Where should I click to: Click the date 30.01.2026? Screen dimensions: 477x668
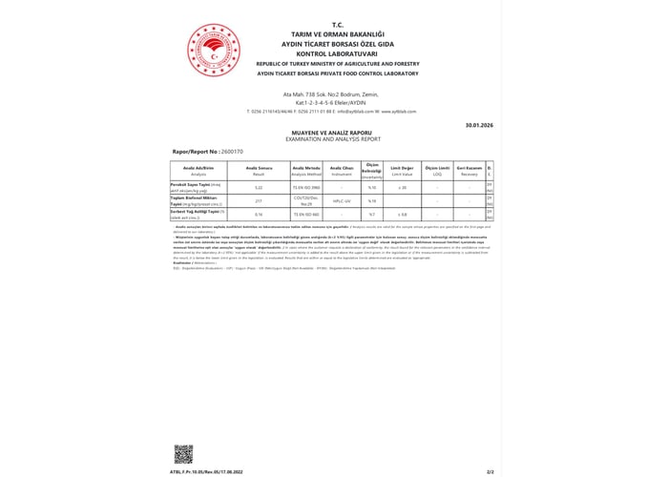point(477,125)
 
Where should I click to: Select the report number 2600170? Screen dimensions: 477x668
point(232,152)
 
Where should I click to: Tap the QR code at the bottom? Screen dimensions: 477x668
point(182,454)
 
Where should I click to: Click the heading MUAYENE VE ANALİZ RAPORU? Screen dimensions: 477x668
point(337,133)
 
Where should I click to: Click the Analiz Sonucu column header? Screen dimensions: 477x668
point(258,169)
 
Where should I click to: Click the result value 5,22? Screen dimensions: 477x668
point(258,187)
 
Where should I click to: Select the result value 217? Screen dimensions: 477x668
point(258,200)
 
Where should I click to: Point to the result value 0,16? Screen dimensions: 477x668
point(258,214)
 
